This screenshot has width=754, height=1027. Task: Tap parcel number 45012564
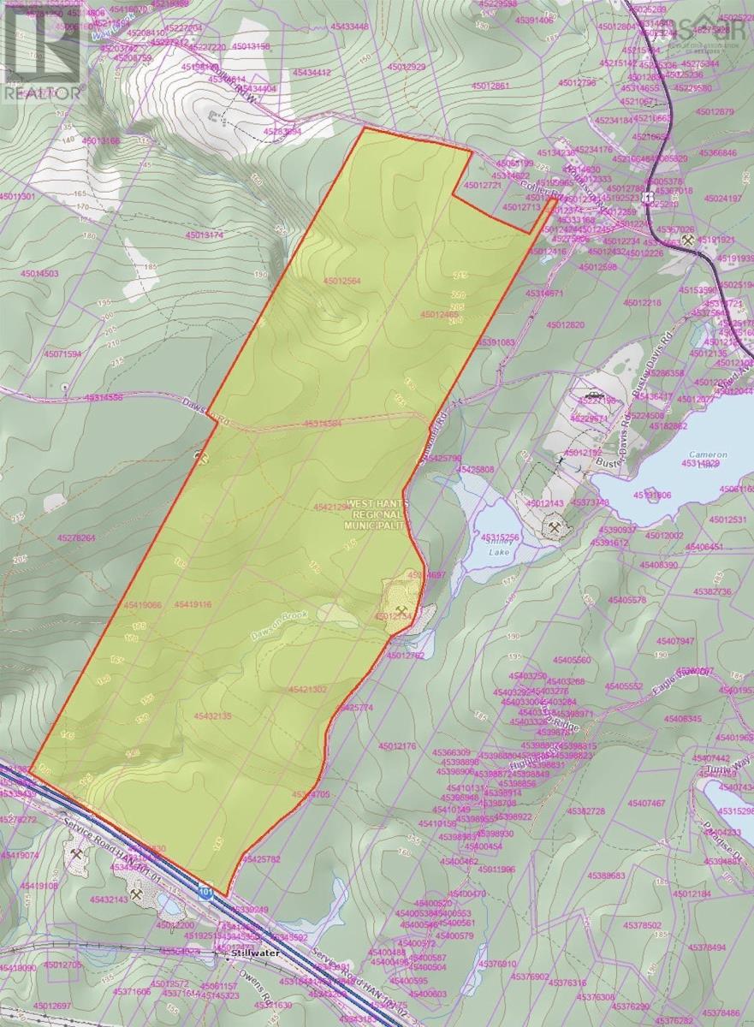tap(342, 281)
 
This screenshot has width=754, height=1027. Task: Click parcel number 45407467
tap(645, 803)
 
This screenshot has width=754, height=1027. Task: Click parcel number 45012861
tap(489, 86)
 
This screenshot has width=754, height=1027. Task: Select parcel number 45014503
tap(41, 274)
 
